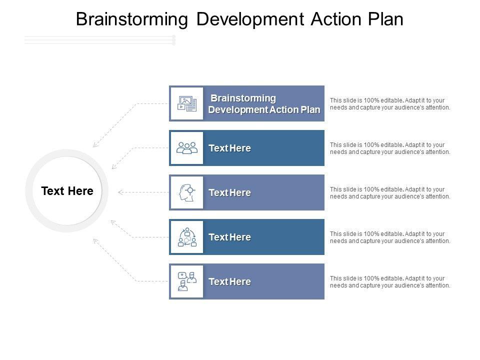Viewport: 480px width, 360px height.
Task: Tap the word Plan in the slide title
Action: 384,19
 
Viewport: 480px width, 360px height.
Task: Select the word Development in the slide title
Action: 245,19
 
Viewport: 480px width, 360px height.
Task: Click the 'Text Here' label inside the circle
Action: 67,191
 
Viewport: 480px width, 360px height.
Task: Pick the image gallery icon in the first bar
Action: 187,103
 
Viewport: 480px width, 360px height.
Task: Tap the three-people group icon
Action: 187,148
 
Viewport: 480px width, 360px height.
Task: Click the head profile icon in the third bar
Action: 187,192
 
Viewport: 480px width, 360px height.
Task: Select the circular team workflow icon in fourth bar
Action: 187,237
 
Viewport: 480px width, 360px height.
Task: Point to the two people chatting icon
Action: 187,281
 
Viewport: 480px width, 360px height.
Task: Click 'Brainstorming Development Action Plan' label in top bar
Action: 264,103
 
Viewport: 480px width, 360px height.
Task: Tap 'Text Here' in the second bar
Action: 229,148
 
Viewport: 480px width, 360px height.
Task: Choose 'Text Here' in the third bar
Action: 229,192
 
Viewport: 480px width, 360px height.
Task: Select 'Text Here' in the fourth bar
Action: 229,237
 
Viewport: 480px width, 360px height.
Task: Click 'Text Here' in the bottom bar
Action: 229,281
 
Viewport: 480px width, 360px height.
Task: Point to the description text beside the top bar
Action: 390,103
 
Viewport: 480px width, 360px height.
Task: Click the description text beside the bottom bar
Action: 390,281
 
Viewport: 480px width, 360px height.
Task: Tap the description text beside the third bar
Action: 390,192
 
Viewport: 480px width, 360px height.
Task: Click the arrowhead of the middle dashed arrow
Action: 120,191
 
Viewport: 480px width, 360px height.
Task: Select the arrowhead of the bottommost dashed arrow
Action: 95,240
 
